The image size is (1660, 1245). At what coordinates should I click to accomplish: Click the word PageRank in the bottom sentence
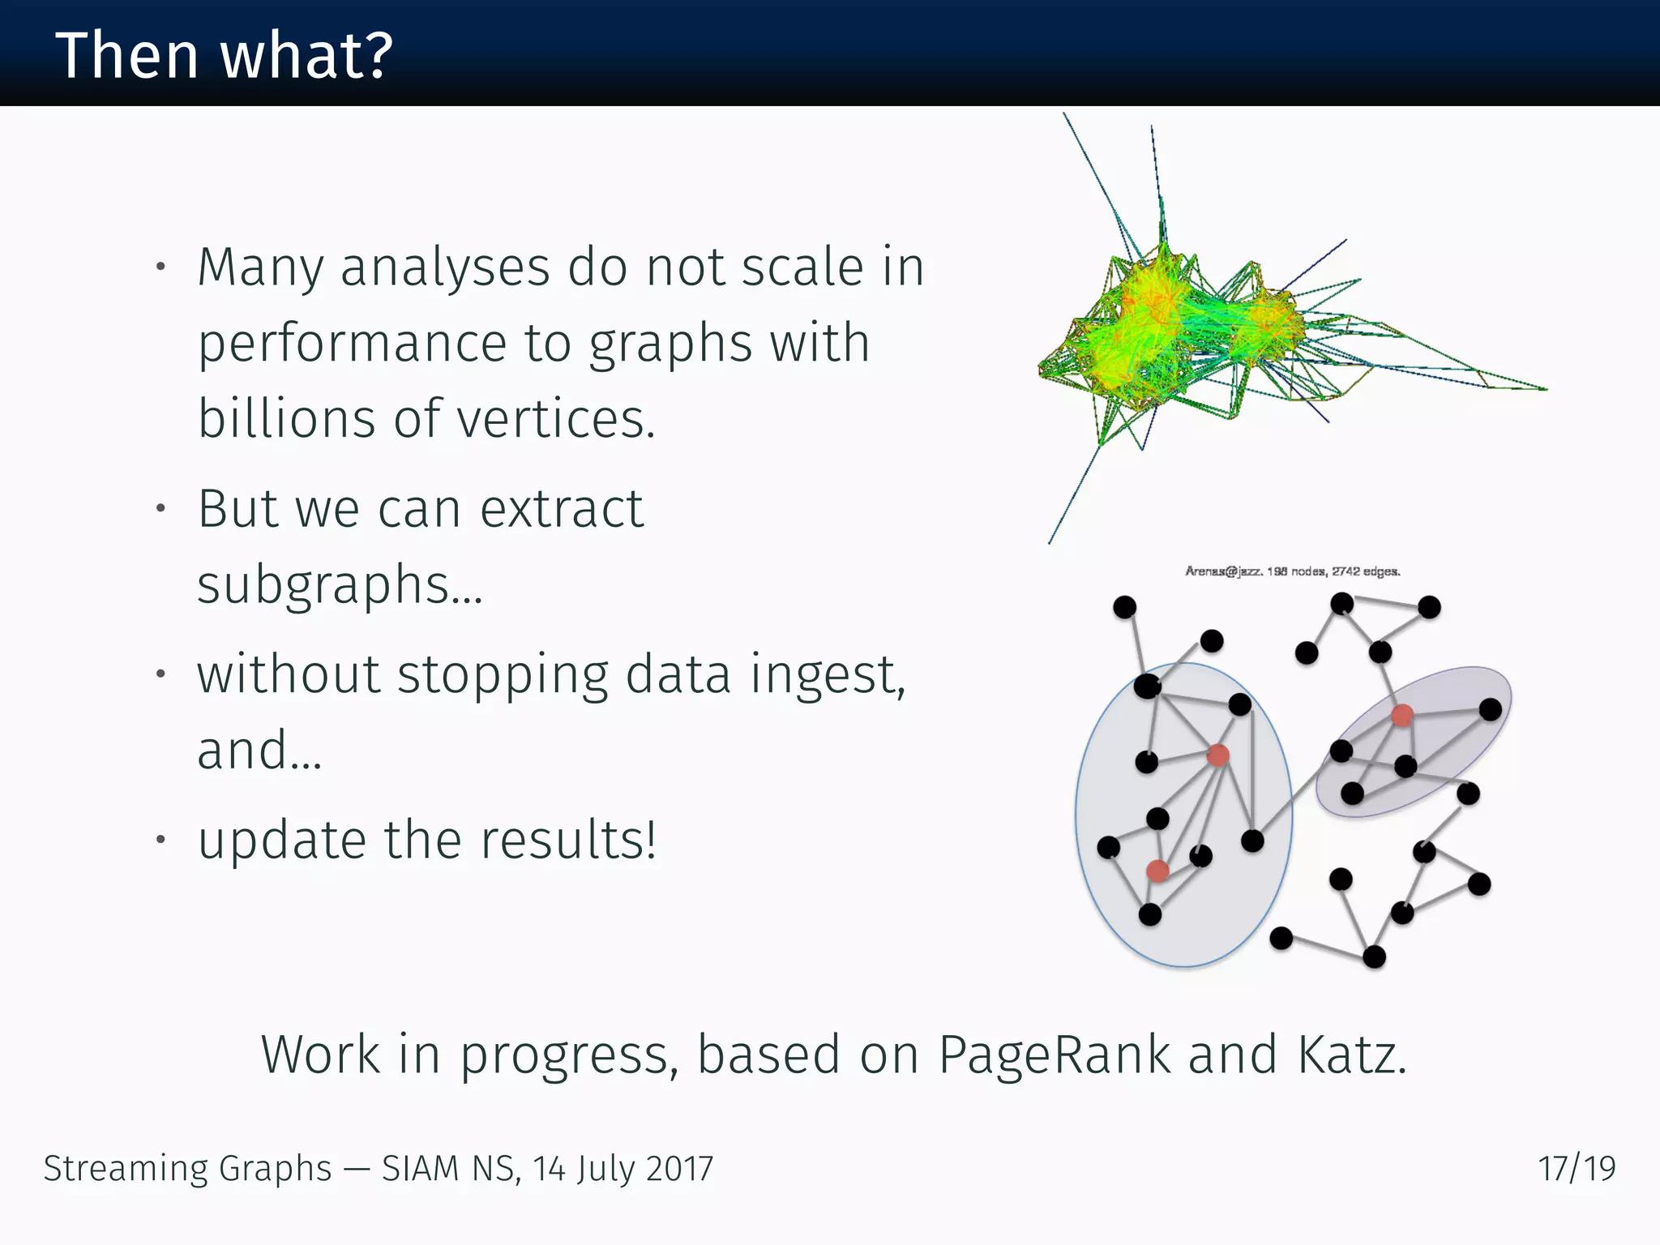click(1053, 1055)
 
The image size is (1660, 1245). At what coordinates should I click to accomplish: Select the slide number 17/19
click(1577, 1169)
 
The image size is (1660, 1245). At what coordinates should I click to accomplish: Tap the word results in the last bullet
click(567, 840)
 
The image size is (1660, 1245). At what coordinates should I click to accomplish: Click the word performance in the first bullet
click(353, 344)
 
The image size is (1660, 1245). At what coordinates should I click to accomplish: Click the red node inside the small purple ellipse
click(1402, 715)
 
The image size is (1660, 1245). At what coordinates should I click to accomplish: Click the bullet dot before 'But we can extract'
click(161, 509)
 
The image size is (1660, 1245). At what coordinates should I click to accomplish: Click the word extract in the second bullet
click(561, 509)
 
